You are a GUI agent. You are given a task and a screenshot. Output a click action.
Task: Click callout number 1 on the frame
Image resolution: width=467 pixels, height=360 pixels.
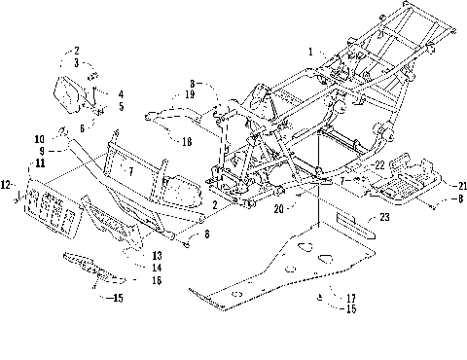pyautogui.click(x=312, y=52)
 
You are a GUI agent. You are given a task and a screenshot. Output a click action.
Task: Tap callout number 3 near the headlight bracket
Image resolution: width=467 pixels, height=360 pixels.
pyautogui.click(x=76, y=61)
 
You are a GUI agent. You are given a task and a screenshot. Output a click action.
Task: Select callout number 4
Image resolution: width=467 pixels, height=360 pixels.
pyautogui.click(x=122, y=93)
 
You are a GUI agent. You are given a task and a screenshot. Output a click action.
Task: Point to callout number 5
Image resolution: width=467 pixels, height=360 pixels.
pyautogui.click(x=122, y=106)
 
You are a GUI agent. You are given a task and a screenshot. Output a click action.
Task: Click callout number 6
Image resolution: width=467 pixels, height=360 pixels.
pyautogui.click(x=82, y=127)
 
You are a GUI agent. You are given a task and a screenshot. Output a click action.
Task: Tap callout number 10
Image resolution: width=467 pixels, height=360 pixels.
pyautogui.click(x=41, y=139)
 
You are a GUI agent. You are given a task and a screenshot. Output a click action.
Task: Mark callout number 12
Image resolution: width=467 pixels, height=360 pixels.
pyautogui.click(x=7, y=183)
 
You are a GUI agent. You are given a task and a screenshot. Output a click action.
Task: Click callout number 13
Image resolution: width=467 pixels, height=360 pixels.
pyautogui.click(x=157, y=255)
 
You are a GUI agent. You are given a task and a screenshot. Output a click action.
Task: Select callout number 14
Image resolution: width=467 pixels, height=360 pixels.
pyautogui.click(x=157, y=267)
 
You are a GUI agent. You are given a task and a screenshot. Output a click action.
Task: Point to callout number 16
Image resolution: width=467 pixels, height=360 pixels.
pyautogui.click(x=157, y=279)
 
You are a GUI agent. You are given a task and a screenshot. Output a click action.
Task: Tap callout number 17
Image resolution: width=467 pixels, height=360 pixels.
pyautogui.click(x=339, y=298)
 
